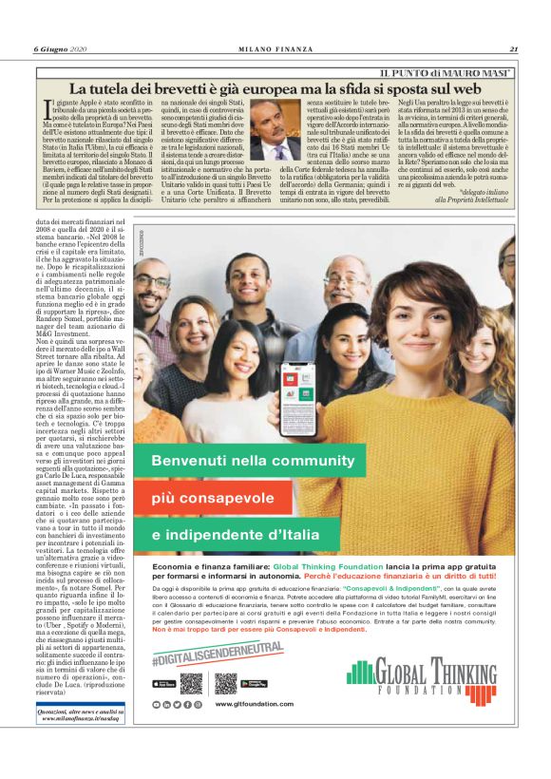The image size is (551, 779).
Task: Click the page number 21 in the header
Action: pyautogui.click(x=514, y=50)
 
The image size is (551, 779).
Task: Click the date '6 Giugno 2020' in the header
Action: pyautogui.click(x=61, y=50)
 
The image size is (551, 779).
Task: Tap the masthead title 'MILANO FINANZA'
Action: pyautogui.click(x=275, y=50)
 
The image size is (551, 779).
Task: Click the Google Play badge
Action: pyautogui.click(x=254, y=683)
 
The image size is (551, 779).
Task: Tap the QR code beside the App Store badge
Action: pyautogui.click(x=192, y=683)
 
